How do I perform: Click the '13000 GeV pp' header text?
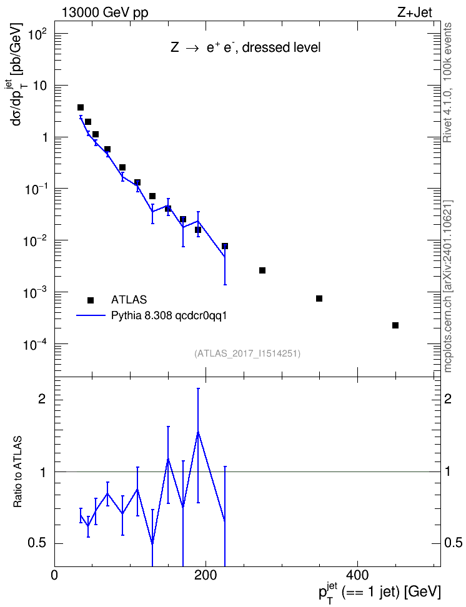[x=105, y=12]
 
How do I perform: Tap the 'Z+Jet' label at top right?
[x=415, y=12]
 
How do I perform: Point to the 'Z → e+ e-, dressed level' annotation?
[x=245, y=47]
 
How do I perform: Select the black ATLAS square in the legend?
[x=91, y=300]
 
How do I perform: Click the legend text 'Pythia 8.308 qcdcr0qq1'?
[x=169, y=316]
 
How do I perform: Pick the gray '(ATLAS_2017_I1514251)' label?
[x=247, y=353]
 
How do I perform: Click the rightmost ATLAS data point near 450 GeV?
[x=395, y=325]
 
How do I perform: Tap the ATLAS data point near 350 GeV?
[x=319, y=299]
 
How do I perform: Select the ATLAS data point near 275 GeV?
[x=262, y=270]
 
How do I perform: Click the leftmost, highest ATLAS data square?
[x=81, y=107]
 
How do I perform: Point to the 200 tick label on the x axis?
[x=206, y=575]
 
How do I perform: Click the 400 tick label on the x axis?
[x=357, y=575]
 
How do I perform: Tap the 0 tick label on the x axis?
[x=54, y=575]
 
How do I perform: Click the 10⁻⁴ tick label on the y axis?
[x=34, y=343]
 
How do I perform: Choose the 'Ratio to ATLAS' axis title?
[x=17, y=472]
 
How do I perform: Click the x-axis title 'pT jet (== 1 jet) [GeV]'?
[x=379, y=592]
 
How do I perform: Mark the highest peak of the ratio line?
[x=198, y=432]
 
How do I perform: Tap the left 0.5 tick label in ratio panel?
[x=37, y=543]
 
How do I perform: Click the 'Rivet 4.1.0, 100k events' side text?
[x=447, y=82]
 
